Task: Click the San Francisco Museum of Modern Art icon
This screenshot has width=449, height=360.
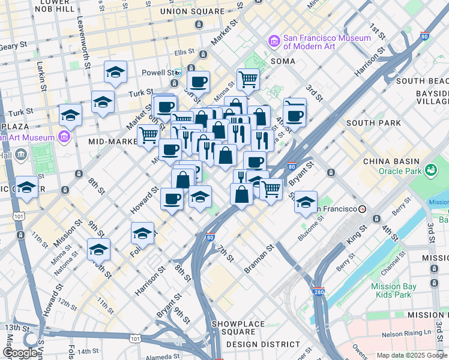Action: pyautogui.click(x=274, y=41)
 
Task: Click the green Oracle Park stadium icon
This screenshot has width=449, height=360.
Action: pyautogui.click(x=430, y=172)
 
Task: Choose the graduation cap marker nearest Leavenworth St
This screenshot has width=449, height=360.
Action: pyautogui.click(x=115, y=73)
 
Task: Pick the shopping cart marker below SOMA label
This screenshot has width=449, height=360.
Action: pyautogui.click(x=247, y=79)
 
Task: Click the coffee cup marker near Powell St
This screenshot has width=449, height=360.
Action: pyautogui.click(x=198, y=82)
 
